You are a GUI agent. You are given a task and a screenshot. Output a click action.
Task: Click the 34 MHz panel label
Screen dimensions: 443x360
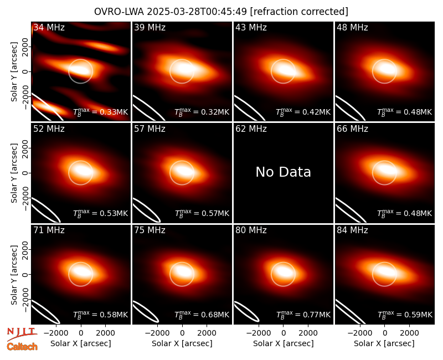click(x=49, y=27)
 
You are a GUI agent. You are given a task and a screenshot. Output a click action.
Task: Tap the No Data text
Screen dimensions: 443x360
click(x=283, y=172)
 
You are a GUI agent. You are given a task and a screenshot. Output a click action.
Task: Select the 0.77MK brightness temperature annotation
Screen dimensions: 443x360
click(x=303, y=314)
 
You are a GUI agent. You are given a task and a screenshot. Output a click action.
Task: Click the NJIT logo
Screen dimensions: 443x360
click(x=22, y=333)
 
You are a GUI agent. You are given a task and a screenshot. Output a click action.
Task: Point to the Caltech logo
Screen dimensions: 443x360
click(x=22, y=347)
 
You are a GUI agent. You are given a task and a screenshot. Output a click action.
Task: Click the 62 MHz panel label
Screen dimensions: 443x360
click(x=251, y=129)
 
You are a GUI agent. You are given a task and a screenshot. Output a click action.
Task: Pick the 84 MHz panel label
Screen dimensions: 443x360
click(x=352, y=230)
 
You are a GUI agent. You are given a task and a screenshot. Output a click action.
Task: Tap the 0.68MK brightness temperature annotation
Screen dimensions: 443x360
click(x=202, y=314)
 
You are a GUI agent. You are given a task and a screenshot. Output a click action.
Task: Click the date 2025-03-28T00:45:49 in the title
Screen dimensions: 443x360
click(x=197, y=12)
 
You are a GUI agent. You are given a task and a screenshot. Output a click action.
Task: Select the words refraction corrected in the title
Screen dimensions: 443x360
click(x=299, y=12)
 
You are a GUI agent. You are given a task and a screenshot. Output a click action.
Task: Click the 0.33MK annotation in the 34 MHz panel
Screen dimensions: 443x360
click(x=101, y=112)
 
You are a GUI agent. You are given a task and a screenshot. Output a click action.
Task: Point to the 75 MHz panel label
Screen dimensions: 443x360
click(x=150, y=230)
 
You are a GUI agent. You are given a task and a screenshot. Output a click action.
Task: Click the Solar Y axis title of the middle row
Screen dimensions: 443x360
click(x=14, y=173)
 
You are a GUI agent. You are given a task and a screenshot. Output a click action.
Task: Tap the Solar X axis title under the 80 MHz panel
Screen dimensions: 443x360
click(x=284, y=343)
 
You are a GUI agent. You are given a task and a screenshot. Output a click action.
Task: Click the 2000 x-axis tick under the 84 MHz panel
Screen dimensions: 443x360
click(x=409, y=333)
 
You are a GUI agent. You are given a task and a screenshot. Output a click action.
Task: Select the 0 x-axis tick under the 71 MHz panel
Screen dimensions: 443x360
click(x=81, y=333)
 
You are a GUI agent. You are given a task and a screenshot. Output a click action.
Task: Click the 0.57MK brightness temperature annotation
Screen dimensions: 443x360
click(x=202, y=213)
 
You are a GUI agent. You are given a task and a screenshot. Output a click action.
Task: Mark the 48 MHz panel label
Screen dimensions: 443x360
click(x=352, y=27)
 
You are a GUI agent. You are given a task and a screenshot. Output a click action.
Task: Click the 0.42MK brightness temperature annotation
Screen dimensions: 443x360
click(x=303, y=112)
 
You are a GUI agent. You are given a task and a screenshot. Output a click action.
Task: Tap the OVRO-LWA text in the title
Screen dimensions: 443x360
click(x=119, y=12)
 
